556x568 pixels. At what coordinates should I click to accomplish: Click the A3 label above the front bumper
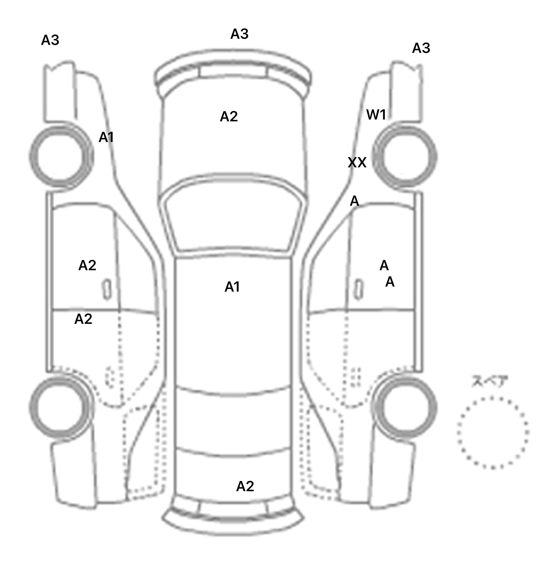tap(239, 34)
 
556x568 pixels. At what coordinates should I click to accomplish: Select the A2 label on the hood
tap(229, 117)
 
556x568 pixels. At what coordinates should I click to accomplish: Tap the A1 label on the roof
tap(232, 287)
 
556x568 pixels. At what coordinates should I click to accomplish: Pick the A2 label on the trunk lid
tap(245, 486)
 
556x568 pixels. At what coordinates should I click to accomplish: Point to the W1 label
tap(376, 115)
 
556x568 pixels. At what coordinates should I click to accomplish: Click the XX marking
tap(357, 163)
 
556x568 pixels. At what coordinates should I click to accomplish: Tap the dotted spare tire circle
tap(492, 432)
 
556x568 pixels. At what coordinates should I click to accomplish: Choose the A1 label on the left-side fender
tap(106, 137)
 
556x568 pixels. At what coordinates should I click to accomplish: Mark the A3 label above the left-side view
tap(50, 40)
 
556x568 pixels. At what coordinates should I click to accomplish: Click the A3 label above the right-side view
tap(421, 48)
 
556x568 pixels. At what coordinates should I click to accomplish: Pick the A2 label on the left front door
tap(87, 266)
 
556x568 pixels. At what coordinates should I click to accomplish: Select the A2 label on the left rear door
tap(83, 319)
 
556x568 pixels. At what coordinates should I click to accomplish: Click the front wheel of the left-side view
tap(61, 156)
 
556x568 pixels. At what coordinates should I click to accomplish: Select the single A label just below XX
tap(354, 201)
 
